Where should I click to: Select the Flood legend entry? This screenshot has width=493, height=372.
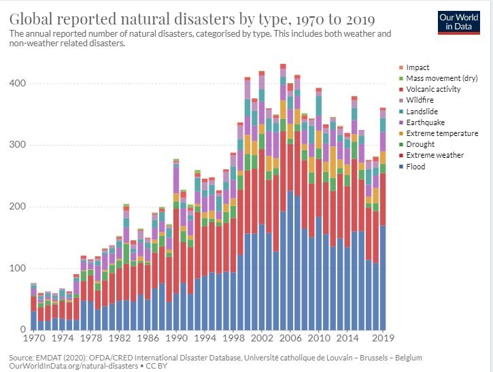pyautogui.click(x=415, y=167)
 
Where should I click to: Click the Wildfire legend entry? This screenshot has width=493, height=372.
pyautogui.click(x=420, y=101)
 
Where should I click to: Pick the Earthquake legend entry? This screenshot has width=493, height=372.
pyautogui.click(x=424, y=122)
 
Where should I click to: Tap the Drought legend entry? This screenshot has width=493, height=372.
pyautogui.click(x=420, y=144)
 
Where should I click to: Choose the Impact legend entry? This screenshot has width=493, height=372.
pyautogui.click(x=418, y=67)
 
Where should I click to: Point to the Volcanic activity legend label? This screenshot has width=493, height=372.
pyautogui.click(x=433, y=89)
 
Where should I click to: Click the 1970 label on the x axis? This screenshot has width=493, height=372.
pyautogui.click(x=34, y=338)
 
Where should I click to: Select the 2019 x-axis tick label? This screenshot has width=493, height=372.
pyautogui.click(x=384, y=338)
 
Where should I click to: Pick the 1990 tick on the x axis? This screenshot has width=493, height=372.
pyautogui.click(x=177, y=338)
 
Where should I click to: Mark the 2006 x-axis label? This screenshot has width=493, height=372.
pyautogui.click(x=290, y=338)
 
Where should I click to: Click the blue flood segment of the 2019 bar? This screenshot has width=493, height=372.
pyautogui.click(x=383, y=279)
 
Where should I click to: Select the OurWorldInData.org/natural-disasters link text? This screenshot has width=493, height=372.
pyautogui.click(x=63, y=366)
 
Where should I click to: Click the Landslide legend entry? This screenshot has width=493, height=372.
pyautogui.click(x=422, y=112)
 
